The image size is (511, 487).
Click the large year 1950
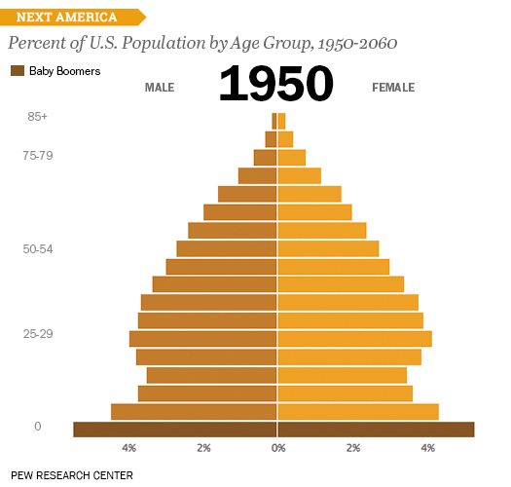point(276,85)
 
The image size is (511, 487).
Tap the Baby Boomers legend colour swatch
point(18,71)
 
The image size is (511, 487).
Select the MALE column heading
point(160,88)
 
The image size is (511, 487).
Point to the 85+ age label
point(38,117)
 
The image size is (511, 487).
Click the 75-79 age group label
point(38,154)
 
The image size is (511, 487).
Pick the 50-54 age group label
point(38,249)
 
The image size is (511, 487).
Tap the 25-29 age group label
point(38,334)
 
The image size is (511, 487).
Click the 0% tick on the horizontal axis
point(278,448)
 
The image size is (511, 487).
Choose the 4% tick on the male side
point(129,448)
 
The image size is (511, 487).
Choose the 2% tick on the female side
point(353,448)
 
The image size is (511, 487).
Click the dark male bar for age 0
point(175,430)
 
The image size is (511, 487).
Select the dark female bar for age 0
point(376,430)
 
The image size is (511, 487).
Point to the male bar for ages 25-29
point(203,339)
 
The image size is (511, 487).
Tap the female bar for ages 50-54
point(328,248)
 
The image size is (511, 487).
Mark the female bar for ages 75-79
point(292,158)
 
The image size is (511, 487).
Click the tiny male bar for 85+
point(274,121)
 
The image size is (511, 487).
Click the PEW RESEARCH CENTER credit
point(72,475)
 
